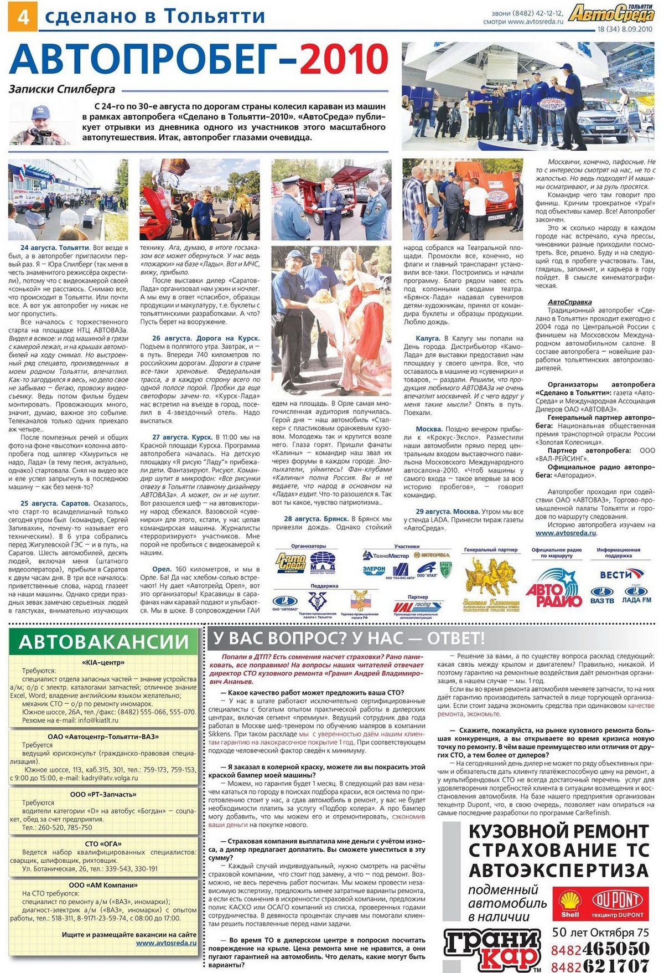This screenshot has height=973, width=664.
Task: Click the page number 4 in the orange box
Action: coord(23,18)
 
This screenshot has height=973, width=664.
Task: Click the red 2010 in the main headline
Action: coord(344,59)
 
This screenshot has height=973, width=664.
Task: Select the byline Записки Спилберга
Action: coord(61,89)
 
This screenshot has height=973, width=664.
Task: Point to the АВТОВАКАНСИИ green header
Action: coord(103,641)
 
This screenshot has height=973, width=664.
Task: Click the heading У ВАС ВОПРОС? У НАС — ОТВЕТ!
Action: coord(346,639)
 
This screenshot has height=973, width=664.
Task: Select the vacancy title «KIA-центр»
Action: coord(103,662)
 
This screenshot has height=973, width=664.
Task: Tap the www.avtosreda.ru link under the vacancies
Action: coord(166,943)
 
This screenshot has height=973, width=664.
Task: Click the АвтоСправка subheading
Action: coord(569,302)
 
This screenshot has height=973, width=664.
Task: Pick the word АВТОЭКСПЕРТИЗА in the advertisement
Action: coord(558,869)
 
